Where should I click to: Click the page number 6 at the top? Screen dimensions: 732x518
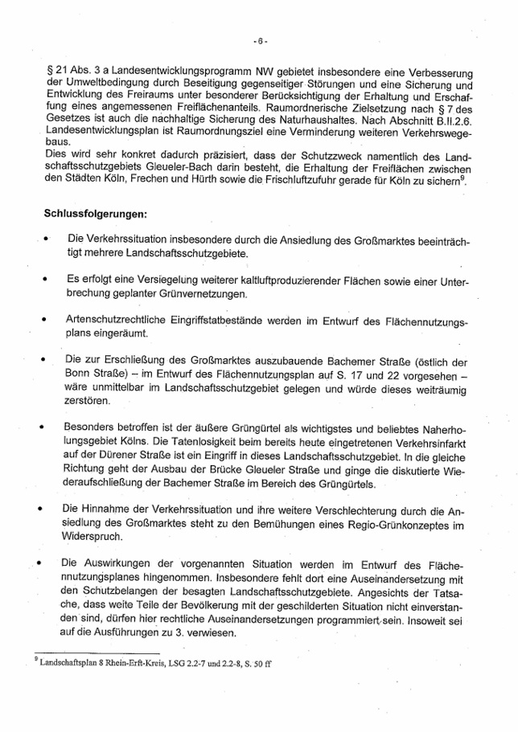point(259,39)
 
